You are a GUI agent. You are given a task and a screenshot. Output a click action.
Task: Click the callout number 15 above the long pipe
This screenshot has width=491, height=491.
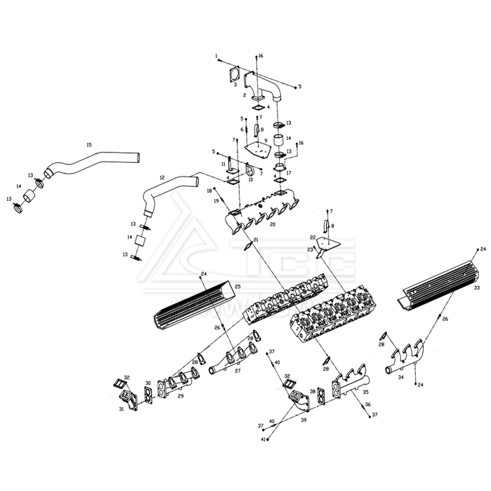pyautogui.click(x=89, y=145)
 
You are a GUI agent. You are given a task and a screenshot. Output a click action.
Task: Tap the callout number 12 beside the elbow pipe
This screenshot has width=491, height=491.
pyautogui.click(x=162, y=177)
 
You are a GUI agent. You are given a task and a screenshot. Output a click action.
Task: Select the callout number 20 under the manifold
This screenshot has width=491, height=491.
pyautogui.click(x=273, y=224)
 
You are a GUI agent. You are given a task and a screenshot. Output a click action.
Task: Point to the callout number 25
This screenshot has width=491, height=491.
pyautogui.click(x=237, y=286)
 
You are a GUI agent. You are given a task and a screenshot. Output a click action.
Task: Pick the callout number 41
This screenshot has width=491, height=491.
pyautogui.click(x=263, y=439)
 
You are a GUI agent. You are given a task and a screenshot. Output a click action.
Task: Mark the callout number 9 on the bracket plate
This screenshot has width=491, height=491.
pyautogui.click(x=266, y=140)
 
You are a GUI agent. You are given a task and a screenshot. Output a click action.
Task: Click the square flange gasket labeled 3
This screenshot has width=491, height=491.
pyautogui.click(x=235, y=75)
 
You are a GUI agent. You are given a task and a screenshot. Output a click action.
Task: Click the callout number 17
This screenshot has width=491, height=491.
pyautogui.click(x=289, y=173)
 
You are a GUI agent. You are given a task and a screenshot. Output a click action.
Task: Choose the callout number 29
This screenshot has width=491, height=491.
pyautogui.click(x=180, y=396)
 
